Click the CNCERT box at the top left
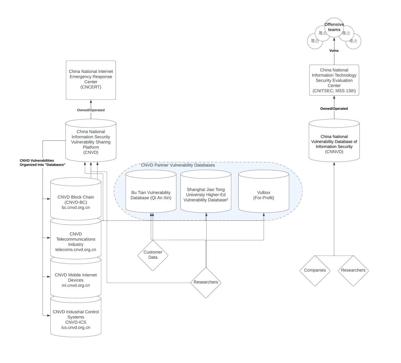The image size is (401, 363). (x=91, y=80)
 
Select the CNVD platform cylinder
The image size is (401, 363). (x=91, y=142)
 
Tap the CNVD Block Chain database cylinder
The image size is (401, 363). (x=76, y=202)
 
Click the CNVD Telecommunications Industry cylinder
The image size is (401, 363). (x=76, y=241)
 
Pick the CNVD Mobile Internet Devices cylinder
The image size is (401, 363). (x=76, y=280)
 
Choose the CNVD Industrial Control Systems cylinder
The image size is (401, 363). (x=76, y=319)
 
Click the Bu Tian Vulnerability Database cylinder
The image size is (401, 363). (x=151, y=195)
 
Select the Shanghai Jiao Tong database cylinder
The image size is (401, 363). (x=206, y=195)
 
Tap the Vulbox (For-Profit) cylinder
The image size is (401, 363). (x=263, y=195)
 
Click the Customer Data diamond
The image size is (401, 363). (x=153, y=255)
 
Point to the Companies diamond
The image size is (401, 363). (x=315, y=270)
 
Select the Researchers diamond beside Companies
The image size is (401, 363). (x=353, y=270)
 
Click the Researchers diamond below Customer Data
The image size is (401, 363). (x=206, y=282)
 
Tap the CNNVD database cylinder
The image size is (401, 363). (x=334, y=144)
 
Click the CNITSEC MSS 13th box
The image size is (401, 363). (x=334, y=80)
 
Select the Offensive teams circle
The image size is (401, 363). (x=334, y=27)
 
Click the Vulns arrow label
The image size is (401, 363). (x=334, y=51)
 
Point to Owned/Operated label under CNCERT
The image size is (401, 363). (x=91, y=110)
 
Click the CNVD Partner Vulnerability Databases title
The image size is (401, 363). (x=178, y=165)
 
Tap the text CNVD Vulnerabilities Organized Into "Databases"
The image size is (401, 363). (x=42, y=163)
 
